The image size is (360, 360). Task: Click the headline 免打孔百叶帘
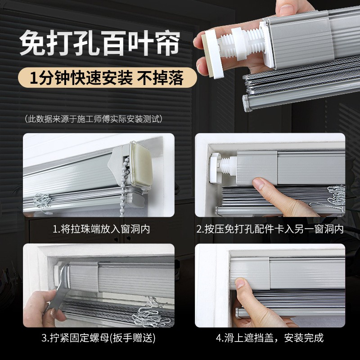pyautogui.click(x=100, y=43)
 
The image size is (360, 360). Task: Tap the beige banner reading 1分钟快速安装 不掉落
pyautogui.click(x=108, y=77)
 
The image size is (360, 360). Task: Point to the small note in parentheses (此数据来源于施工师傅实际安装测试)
pyautogui.click(x=94, y=119)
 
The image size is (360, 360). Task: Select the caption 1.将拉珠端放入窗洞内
pyautogui.click(x=101, y=229)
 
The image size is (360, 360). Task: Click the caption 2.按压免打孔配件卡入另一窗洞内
pyautogui.click(x=270, y=229)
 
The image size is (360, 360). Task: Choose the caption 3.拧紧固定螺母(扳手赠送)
pyautogui.click(x=99, y=338)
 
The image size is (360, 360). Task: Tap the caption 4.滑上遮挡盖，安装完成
pyautogui.click(x=270, y=338)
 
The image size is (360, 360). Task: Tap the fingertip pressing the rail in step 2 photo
pyautogui.click(x=260, y=184)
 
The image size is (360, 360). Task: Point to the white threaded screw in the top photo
pyautogui.click(x=241, y=44)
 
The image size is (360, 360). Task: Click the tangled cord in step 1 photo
pyautogui.click(x=42, y=200)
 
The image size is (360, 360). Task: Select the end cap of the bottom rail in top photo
pyautogui.click(x=247, y=103)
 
